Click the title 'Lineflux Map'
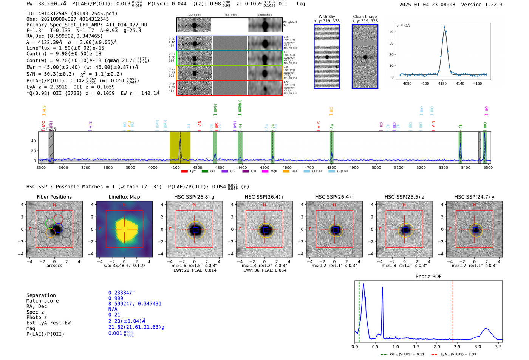pyautogui.click(x=124, y=197)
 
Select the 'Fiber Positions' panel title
pyautogui.click(x=54, y=197)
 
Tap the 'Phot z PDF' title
pyautogui.click(x=428, y=276)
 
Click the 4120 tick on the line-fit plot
pyautogui.click(x=442, y=83)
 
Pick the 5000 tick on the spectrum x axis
pyautogui.click(x=376, y=168)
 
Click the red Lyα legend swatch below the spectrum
pyautogui.click(x=184, y=171)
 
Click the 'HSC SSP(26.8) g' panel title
pyautogui.click(x=194, y=197)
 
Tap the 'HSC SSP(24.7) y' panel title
pyautogui.click(x=474, y=197)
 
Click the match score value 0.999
pyautogui.click(x=116, y=298)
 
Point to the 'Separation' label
pyautogui.click(x=41, y=295)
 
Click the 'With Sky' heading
pyautogui.click(x=327, y=17)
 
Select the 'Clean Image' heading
pyautogui.click(x=365, y=17)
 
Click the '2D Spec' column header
pyautogui.click(x=195, y=15)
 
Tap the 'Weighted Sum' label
pyautogui.click(x=290, y=24)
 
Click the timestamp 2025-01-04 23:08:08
pyautogui.click(x=427, y=5)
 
